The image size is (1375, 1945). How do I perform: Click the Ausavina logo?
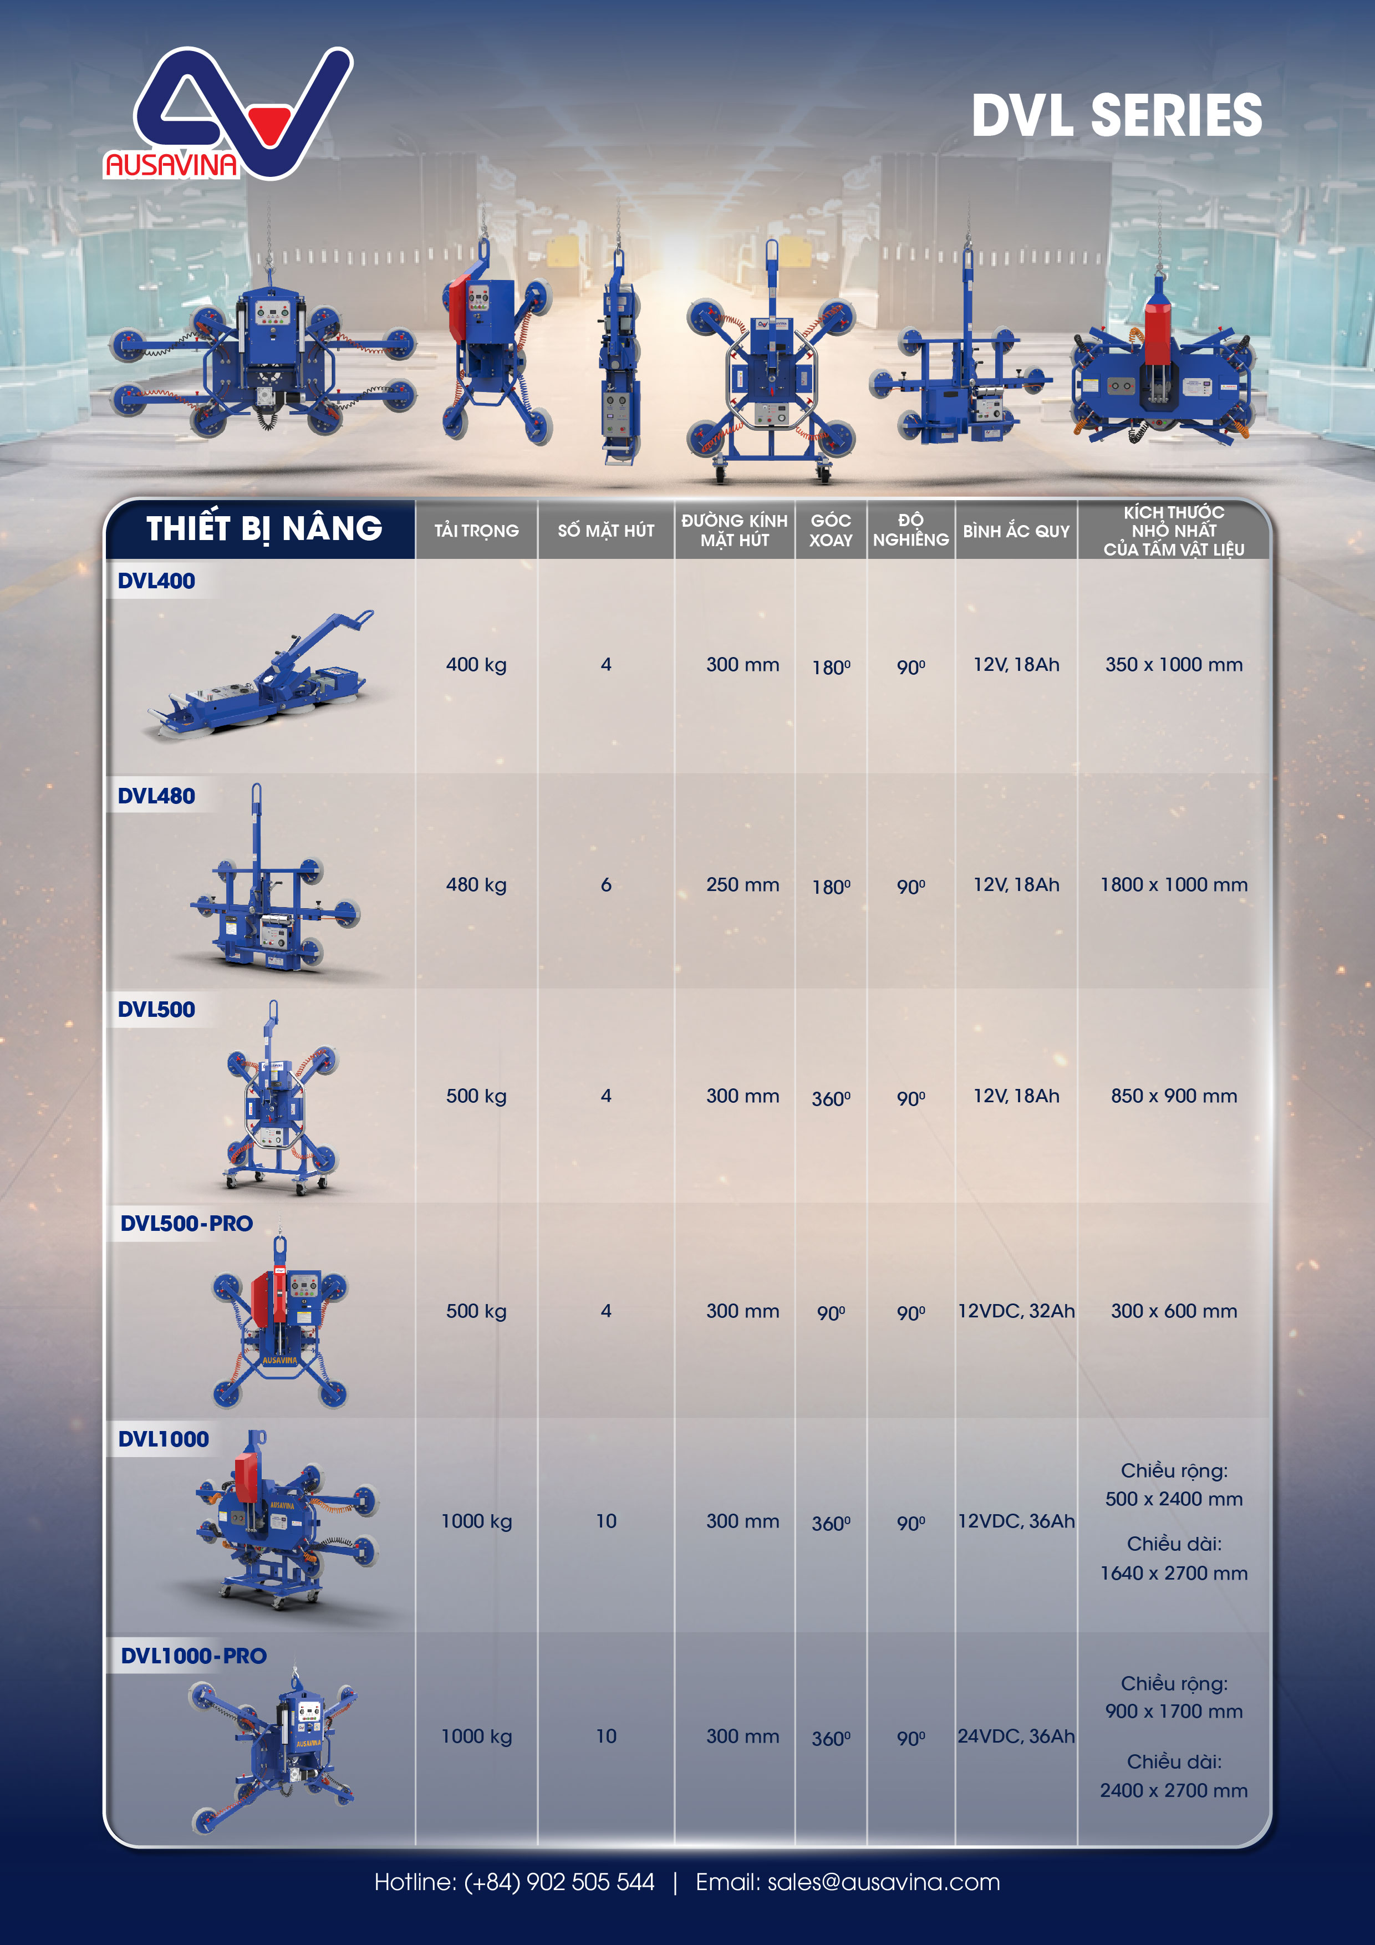(228, 114)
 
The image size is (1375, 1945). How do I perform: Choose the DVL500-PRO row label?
(186, 1223)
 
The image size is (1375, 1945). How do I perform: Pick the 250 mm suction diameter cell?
(742, 884)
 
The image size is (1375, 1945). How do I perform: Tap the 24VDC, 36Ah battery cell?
(1016, 1736)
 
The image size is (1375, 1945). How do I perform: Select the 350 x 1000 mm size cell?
(1173, 664)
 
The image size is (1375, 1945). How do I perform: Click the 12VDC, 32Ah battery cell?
(1016, 1311)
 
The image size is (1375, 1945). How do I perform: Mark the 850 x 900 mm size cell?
(1173, 1096)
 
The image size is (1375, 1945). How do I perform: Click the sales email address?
(884, 1882)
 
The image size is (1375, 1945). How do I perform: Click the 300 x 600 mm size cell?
(1173, 1311)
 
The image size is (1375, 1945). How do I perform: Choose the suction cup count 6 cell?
(606, 884)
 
